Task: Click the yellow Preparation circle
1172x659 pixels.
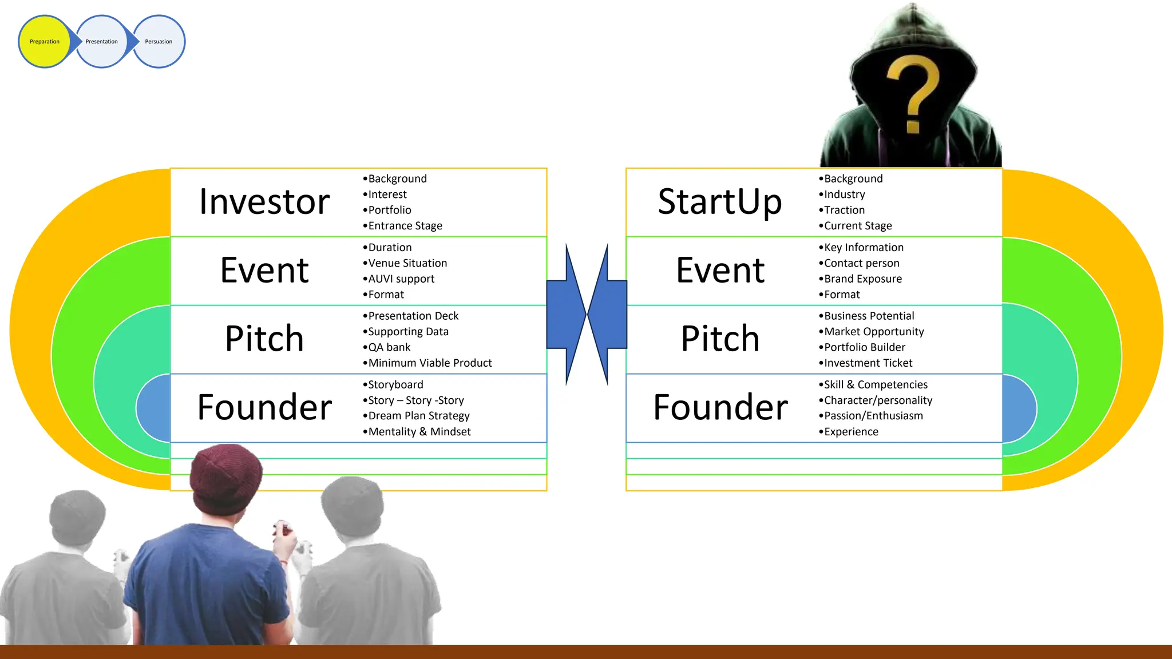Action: pyautogui.click(x=44, y=42)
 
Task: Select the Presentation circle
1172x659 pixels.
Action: pyautogui.click(x=101, y=42)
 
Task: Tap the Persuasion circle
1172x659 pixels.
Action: pyautogui.click(x=159, y=42)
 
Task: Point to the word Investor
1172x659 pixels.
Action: pyautogui.click(x=264, y=202)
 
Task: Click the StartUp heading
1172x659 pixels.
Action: pyautogui.click(x=720, y=202)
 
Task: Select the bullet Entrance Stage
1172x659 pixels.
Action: pyautogui.click(x=405, y=226)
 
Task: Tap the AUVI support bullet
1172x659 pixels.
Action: pyautogui.click(x=401, y=279)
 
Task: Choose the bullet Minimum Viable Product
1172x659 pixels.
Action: pyautogui.click(x=429, y=363)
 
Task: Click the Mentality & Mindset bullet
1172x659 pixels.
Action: pyautogui.click(x=419, y=432)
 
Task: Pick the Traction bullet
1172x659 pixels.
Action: pyautogui.click(x=844, y=211)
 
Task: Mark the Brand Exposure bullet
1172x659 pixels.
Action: pyautogui.click(x=862, y=279)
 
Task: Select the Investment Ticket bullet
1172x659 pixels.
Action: pyautogui.click(x=868, y=363)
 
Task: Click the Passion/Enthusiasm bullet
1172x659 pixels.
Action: pyautogui.click(x=873, y=416)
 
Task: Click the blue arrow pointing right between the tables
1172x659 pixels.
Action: pyautogui.click(x=565, y=314)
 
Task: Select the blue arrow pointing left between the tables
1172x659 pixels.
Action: pyautogui.click(x=608, y=314)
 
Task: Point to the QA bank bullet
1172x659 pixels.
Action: pyautogui.click(x=389, y=347)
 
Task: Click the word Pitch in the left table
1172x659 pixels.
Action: pyautogui.click(x=264, y=339)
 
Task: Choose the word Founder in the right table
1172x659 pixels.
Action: pyautogui.click(x=720, y=407)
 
